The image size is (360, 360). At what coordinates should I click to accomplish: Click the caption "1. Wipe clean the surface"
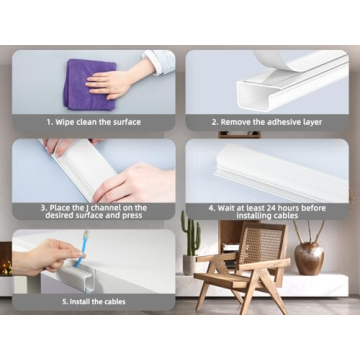coord(92,122)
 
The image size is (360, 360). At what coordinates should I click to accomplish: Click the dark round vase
coord(309,257)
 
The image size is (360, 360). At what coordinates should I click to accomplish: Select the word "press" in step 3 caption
coord(136,216)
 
